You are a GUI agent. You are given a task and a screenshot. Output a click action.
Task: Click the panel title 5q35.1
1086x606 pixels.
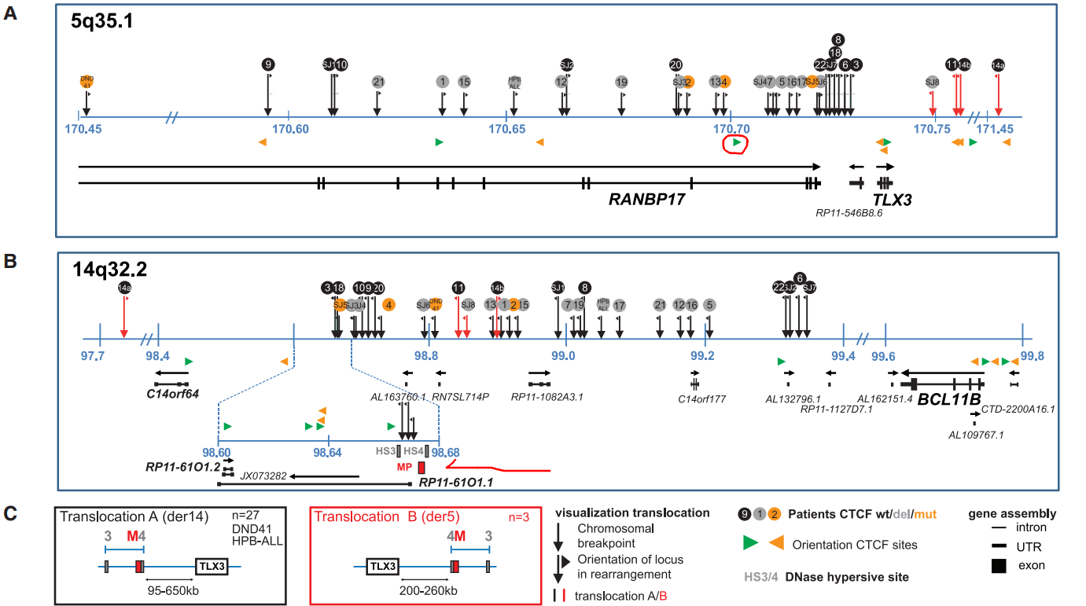pos(101,20)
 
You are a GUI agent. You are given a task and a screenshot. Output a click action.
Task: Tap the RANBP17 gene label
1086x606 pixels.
pos(646,200)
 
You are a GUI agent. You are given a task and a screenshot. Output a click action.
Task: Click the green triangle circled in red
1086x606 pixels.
pos(736,142)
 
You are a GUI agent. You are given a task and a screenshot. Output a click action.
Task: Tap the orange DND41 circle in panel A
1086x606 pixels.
pos(87,80)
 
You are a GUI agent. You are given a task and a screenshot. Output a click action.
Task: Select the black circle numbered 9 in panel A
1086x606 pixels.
pos(268,64)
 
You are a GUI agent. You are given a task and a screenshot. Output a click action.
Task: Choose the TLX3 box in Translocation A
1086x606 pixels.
pos(212,567)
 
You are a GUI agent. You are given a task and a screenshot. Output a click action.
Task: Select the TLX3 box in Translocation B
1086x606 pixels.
pos(382,567)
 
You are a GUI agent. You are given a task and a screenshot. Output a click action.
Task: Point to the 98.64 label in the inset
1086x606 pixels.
pos(327,453)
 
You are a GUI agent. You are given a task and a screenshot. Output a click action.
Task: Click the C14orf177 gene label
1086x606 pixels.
pos(701,399)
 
